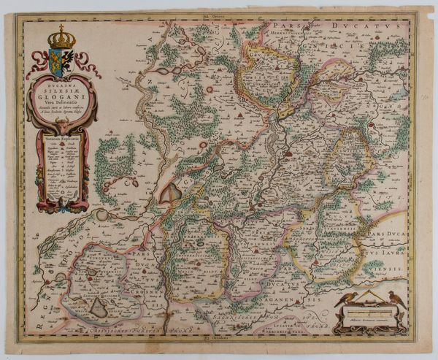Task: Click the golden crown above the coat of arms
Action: tap(62, 37)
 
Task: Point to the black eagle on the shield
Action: tap(66, 57)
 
